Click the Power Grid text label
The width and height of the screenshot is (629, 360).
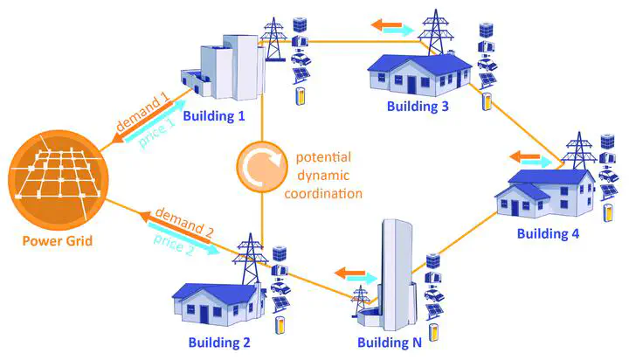tap(58, 240)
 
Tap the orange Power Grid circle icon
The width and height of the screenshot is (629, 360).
tap(59, 180)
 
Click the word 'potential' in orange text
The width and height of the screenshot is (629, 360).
tap(323, 157)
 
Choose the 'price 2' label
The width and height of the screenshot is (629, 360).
tap(174, 245)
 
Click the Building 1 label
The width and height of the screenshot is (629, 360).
tap(214, 116)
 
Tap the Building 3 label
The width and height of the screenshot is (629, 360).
tap(418, 107)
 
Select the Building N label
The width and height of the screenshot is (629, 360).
tap(390, 343)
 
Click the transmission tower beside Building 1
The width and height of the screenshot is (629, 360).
tap(274, 39)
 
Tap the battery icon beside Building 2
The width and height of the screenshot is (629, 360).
tap(280, 325)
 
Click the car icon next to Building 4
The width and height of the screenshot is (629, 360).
tap(608, 176)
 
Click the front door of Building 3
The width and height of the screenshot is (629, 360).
tap(411, 84)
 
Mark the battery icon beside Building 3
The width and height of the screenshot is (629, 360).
tap(487, 101)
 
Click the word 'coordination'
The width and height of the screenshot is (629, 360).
tap(323, 193)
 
